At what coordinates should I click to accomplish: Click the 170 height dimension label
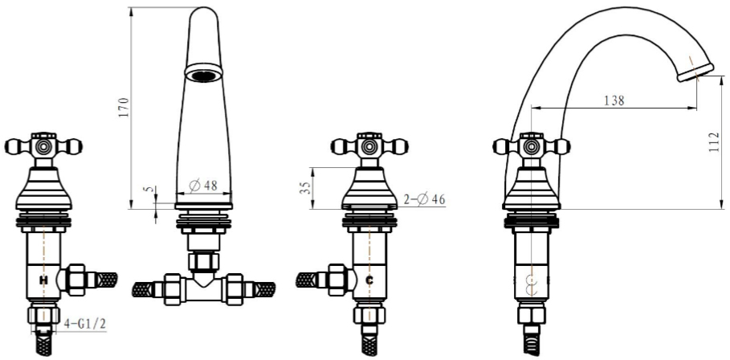(124, 107)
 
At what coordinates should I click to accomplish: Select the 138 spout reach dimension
(614, 100)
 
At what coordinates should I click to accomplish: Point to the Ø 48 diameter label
(203, 186)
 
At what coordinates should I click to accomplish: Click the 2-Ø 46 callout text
(424, 199)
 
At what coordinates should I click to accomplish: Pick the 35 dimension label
(305, 188)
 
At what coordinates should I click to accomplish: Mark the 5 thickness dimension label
(149, 190)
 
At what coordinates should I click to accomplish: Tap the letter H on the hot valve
(43, 280)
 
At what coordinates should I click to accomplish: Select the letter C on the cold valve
(369, 280)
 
